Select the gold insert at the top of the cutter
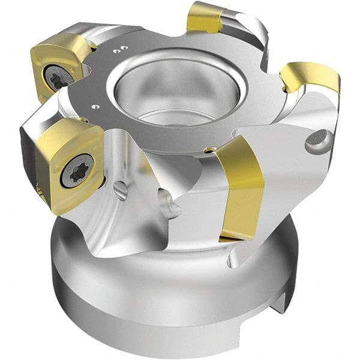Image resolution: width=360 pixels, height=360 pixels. (206, 17)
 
